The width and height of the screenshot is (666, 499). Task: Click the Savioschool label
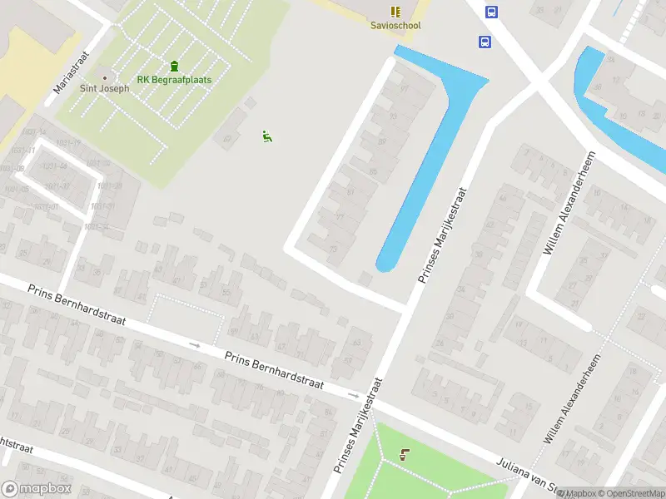pos(395,26)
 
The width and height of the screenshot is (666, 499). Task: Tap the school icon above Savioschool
pos(395,11)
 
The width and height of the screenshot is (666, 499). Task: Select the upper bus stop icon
pos(491,12)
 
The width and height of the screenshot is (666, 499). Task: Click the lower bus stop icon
pos(484,42)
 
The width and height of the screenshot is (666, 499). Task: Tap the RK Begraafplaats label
pos(174,80)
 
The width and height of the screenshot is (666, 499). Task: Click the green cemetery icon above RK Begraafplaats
pos(174,66)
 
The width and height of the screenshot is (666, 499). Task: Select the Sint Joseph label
pos(104,88)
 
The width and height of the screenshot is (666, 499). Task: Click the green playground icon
pos(267,136)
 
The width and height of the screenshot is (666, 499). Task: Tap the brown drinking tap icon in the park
pos(405,454)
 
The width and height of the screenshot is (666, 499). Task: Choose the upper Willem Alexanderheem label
pos(570,203)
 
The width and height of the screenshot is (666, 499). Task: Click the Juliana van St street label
pos(527,477)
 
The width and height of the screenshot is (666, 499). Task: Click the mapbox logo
pos(37,489)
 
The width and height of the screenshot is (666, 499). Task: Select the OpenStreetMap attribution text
pos(629,493)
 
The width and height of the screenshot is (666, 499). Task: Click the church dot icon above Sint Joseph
pos(104,77)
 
